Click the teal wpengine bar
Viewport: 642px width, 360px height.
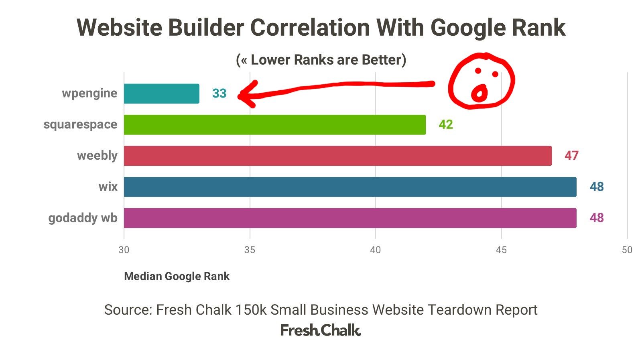[161, 94]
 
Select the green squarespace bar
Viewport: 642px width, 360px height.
[274, 124]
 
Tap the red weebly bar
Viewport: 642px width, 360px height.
[337, 156]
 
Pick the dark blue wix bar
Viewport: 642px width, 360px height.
[350, 187]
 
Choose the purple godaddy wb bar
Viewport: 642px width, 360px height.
[350, 218]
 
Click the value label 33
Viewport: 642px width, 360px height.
[219, 94]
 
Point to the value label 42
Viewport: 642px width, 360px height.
[446, 124]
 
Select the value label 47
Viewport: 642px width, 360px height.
[571, 156]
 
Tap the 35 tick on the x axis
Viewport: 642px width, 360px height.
[250, 250]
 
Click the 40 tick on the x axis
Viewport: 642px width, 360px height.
[375, 250]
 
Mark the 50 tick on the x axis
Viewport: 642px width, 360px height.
[627, 250]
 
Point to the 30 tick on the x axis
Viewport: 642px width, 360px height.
[124, 250]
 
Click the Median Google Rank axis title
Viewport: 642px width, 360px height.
[177, 276]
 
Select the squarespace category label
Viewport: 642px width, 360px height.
[80, 124]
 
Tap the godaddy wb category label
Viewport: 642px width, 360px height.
[83, 218]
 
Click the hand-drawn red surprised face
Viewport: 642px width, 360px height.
[481, 81]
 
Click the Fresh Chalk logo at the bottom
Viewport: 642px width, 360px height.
[321, 330]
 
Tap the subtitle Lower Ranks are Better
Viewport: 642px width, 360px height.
[321, 60]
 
